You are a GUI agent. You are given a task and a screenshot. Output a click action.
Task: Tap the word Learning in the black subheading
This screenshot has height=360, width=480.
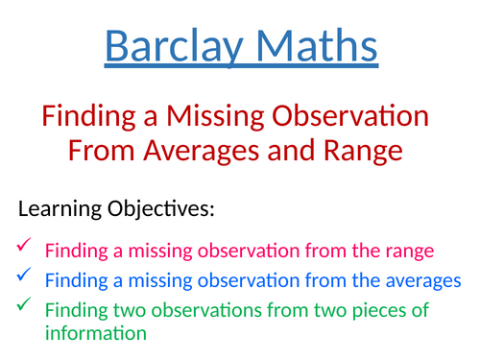coord(61,209)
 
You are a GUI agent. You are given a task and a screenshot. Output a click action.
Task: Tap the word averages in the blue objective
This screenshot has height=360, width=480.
coord(412,281)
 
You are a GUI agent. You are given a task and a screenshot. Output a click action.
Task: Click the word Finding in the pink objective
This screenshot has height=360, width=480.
coord(76,252)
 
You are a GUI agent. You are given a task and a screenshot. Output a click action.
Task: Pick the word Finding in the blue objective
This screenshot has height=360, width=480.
coord(76,281)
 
